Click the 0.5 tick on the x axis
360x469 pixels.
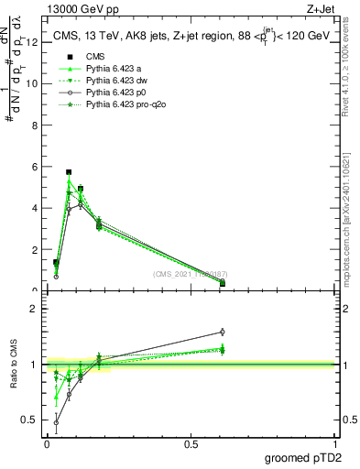(x=191, y=444)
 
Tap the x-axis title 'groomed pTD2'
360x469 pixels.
(x=301, y=458)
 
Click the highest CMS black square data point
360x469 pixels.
(x=69, y=172)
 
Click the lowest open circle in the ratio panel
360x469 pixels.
(x=57, y=423)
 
